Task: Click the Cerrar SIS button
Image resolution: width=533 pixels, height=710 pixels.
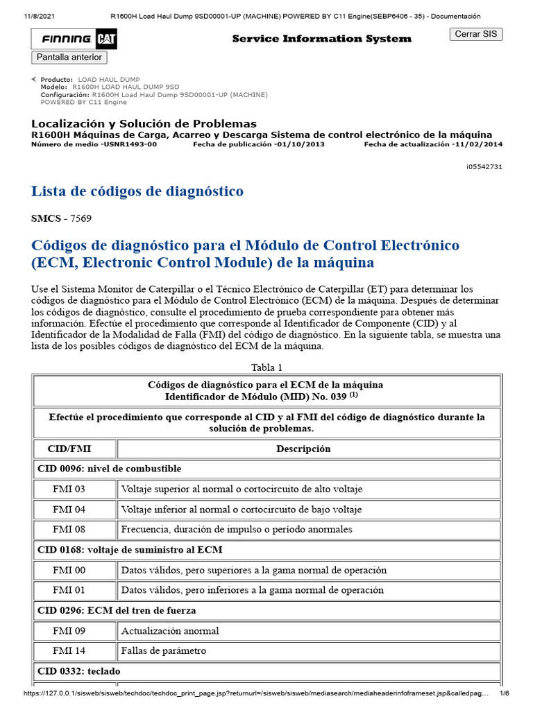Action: pyautogui.click(x=476, y=34)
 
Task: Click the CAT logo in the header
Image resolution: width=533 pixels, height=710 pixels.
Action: pyautogui.click(x=106, y=40)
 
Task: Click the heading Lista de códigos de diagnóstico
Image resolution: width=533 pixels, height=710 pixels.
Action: pyautogui.click(x=137, y=191)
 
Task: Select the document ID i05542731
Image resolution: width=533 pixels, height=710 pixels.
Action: pyautogui.click(x=484, y=167)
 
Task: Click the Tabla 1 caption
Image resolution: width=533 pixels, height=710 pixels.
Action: pyautogui.click(x=266, y=367)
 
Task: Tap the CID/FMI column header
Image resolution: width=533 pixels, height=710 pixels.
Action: pyautogui.click(x=74, y=449)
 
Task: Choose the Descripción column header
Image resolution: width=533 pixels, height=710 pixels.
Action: pyautogui.click(x=303, y=449)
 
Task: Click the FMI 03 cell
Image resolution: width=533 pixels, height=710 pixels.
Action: pyautogui.click(x=69, y=489)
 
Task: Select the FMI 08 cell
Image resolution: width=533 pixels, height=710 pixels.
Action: pyautogui.click(x=69, y=529)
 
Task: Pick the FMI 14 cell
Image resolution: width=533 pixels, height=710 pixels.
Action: pyautogui.click(x=69, y=651)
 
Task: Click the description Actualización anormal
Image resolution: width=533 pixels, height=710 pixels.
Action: pyautogui.click(x=170, y=631)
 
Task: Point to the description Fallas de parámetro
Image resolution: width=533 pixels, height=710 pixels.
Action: pyautogui.click(x=163, y=651)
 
